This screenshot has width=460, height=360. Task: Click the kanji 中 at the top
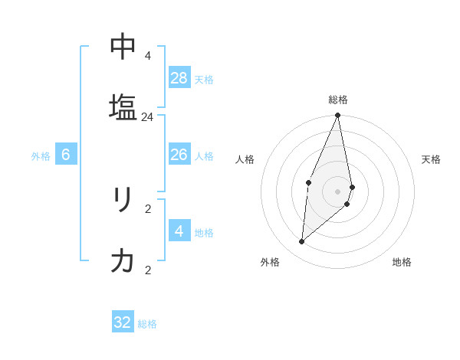point(123,47)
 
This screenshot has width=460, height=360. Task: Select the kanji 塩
point(123,106)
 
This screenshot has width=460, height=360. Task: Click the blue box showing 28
point(179,78)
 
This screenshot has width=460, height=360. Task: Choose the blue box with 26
point(179,155)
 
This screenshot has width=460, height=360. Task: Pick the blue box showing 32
point(123,322)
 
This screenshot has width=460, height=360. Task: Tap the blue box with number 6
point(66,155)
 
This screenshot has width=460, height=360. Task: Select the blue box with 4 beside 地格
point(179,231)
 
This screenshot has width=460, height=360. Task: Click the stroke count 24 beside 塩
point(147,117)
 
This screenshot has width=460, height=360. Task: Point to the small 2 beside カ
point(148,270)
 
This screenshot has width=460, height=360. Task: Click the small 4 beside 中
point(148,56)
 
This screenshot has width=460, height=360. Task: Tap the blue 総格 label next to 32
point(147,324)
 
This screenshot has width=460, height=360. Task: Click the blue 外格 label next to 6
point(41,156)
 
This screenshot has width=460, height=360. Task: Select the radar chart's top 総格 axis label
point(338,100)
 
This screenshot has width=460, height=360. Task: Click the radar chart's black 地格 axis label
point(402,262)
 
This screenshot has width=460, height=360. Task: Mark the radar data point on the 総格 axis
point(338,116)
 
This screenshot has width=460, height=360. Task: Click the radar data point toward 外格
point(302,242)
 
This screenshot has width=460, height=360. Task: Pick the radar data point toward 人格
point(308,182)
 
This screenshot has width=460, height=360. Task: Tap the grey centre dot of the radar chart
point(338,191)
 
